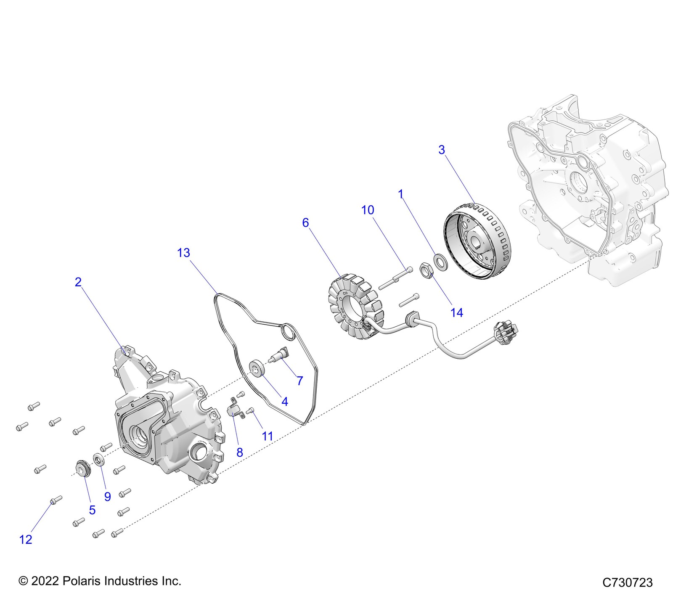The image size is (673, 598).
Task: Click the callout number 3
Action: click(x=441, y=150)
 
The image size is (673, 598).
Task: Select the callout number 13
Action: click(x=183, y=253)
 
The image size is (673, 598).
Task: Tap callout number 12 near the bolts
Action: click(x=26, y=539)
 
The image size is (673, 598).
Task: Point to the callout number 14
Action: click(x=456, y=312)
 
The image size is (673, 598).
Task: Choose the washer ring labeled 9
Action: click(x=99, y=459)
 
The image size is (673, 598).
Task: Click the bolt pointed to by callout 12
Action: click(x=56, y=500)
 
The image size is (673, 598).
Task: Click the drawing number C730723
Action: click(x=627, y=582)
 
